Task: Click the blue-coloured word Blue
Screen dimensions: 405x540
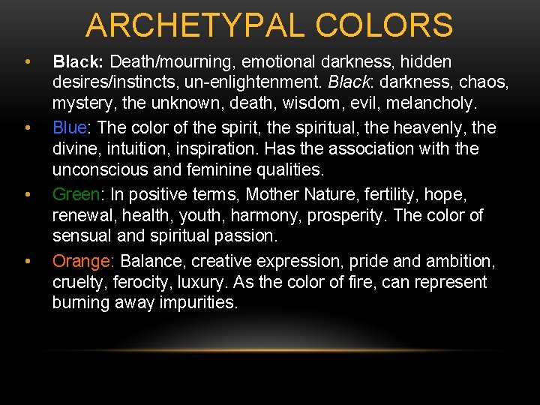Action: click(70, 127)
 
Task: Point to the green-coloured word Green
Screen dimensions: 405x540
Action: click(76, 194)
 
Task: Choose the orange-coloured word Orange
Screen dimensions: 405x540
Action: click(81, 261)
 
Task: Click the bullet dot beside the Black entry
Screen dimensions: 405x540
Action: click(26, 61)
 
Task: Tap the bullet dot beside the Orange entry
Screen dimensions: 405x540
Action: click(26, 261)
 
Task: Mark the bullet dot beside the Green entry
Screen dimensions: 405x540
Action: click(26, 194)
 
